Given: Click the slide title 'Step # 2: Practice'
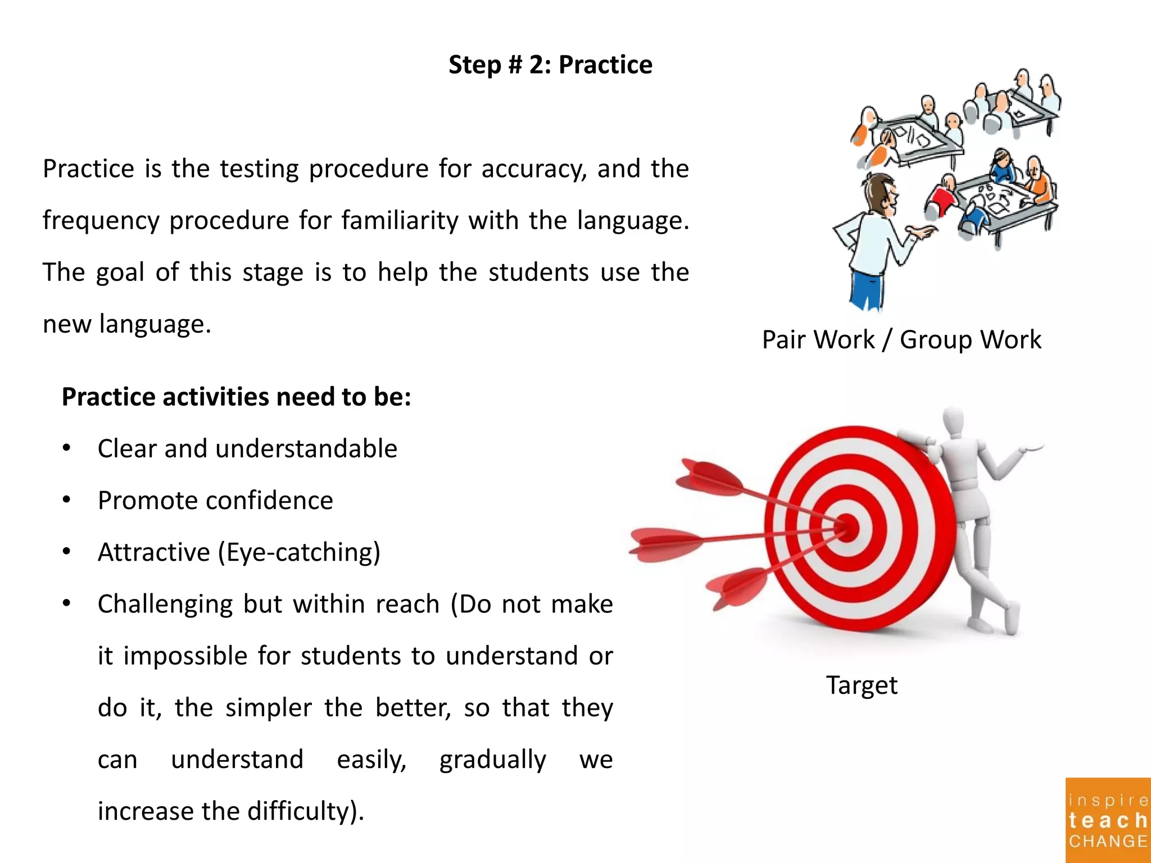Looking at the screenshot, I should (x=550, y=65).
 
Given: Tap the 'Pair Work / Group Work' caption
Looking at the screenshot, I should (x=901, y=339).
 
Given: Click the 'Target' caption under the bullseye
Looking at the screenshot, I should (x=862, y=685).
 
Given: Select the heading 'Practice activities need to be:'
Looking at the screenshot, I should (x=236, y=397).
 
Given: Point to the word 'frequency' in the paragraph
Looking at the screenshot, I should (x=101, y=221).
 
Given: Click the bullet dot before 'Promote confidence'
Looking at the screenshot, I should (x=67, y=499).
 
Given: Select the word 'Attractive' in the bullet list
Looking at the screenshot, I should (x=153, y=552).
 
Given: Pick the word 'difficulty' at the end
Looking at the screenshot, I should (x=298, y=811).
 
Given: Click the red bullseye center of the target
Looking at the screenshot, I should (x=847, y=528).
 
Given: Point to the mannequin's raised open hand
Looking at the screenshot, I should (x=1032, y=447).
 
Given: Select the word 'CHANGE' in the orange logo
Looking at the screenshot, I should (x=1108, y=841).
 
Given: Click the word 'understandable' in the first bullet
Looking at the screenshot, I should (x=306, y=449).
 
